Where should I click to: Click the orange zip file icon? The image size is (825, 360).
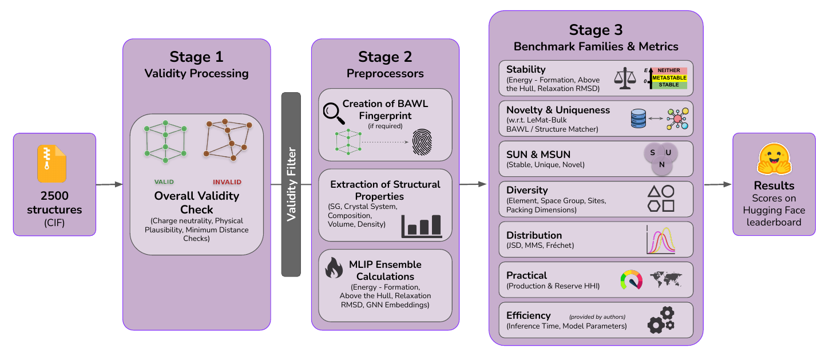click(52, 164)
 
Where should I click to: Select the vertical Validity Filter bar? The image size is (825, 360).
click(291, 184)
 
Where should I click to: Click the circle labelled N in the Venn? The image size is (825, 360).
click(662, 164)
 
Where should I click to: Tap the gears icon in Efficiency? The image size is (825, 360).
click(661, 320)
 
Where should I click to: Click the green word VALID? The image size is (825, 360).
click(164, 182)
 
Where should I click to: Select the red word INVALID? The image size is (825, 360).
click(227, 182)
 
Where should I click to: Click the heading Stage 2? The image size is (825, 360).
click(384, 56)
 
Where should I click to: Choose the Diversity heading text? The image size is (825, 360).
click(527, 190)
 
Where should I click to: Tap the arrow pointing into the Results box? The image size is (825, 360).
click(719, 184)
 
